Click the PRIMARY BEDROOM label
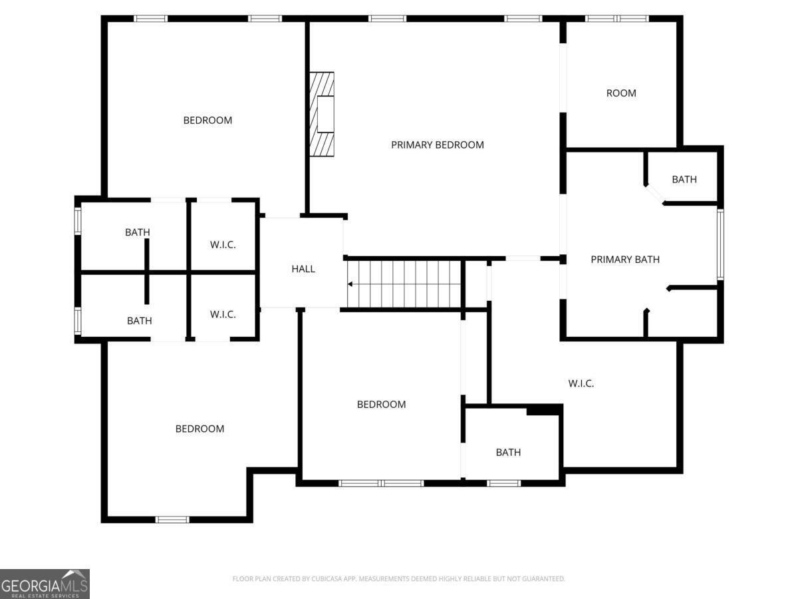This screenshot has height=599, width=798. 437,144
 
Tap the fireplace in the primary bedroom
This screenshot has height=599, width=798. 322,114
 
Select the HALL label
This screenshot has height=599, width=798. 303,269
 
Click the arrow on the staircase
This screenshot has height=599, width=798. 350,284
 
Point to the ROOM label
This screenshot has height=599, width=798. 621,93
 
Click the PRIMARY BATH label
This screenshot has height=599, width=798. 625,260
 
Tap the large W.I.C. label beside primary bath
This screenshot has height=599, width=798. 581,383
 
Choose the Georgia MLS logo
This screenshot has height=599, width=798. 45,583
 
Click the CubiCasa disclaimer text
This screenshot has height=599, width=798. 398,579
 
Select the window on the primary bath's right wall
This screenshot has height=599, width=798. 720,244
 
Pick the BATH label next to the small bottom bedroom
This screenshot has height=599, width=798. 508,453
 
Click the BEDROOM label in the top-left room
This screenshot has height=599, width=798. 207,120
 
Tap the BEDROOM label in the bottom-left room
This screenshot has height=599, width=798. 199,429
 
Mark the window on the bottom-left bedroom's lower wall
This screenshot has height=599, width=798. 172,519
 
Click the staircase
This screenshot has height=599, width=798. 404,284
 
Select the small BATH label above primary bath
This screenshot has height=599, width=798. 684,179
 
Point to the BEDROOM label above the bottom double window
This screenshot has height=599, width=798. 381,404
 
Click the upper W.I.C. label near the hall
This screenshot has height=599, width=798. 223,244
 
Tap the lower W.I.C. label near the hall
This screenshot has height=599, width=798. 223,314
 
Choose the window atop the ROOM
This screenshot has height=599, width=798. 616,19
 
